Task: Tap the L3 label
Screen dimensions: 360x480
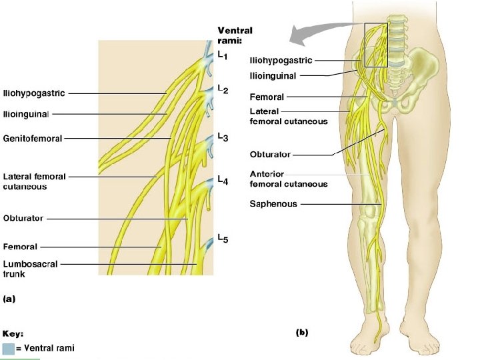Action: [223, 138]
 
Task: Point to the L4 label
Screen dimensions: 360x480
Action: [223, 180]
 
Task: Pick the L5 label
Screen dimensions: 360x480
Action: [223, 239]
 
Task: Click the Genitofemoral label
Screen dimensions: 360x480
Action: [33, 139]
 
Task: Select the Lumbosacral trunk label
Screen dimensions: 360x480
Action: [31, 268]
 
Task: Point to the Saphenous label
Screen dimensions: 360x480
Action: [273, 203]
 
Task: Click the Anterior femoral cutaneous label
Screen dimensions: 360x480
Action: [289, 179]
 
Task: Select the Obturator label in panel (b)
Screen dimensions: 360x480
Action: [270, 155]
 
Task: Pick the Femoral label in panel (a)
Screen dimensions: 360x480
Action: [21, 247]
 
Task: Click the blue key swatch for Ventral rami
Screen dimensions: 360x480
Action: [8, 348]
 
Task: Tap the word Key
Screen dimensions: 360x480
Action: [13, 333]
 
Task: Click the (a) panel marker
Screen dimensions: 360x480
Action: [9, 299]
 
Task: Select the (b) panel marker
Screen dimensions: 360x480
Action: [301, 331]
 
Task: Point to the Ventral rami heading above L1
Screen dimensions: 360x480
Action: [235, 35]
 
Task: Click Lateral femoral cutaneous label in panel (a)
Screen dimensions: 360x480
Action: [35, 181]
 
